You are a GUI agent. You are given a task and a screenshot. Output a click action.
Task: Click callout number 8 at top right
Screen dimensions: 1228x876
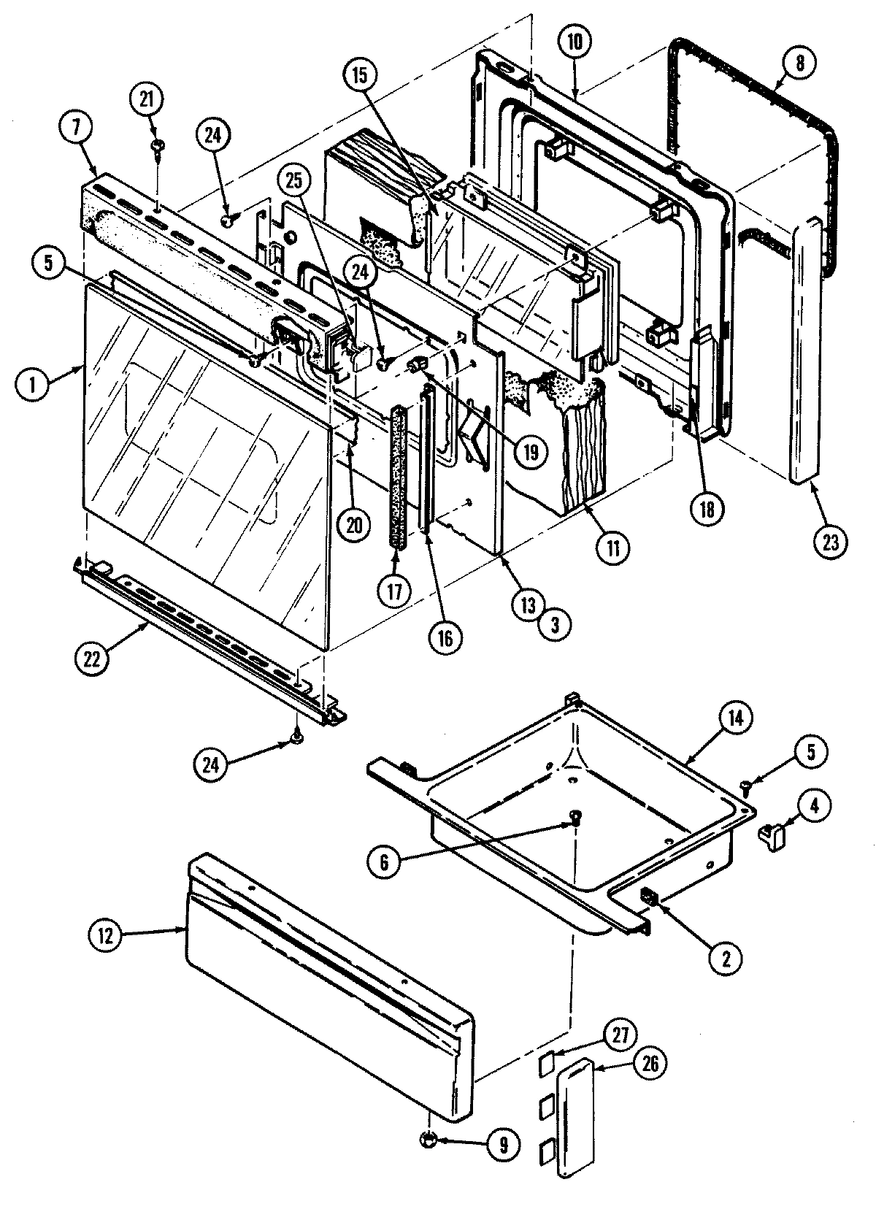tap(799, 63)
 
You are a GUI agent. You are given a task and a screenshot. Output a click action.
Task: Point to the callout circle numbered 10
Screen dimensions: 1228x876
tap(575, 42)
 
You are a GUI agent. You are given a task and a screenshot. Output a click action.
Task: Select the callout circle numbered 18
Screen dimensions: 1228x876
tap(707, 506)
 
